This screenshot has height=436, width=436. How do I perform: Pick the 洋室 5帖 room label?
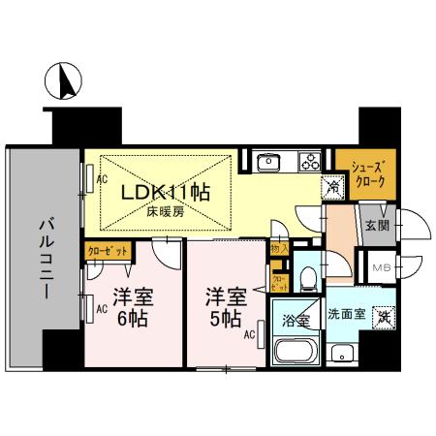coord(223,306)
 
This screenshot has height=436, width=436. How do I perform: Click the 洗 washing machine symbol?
coord(385,316)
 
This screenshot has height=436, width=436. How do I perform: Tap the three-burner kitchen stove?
coord(310,159)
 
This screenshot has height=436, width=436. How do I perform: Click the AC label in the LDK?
coord(101,179)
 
